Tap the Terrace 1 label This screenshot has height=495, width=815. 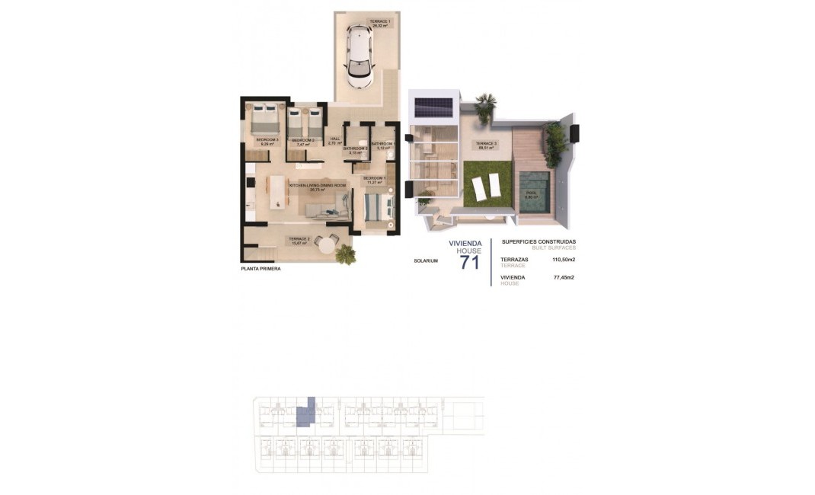click(381, 24)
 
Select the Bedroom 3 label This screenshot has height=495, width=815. click(267, 142)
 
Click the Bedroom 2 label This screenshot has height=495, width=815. click(302, 142)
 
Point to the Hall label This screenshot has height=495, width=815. click(334, 140)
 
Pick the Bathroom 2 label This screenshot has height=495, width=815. click(355, 150)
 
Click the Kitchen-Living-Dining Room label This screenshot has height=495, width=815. click(318, 187)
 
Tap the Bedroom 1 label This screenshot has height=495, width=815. click(374, 180)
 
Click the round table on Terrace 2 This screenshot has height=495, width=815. click(326, 244)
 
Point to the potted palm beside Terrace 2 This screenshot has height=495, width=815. click(346, 254)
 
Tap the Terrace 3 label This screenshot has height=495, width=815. click(487, 145)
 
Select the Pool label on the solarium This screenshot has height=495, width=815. click(531, 195)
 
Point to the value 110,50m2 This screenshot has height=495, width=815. click(563, 260)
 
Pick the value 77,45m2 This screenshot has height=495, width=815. click(564, 278)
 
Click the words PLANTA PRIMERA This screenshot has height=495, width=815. click(255, 268)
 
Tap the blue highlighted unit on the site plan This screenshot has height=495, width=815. click(305, 413)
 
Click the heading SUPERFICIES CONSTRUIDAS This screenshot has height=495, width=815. click(539, 242)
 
